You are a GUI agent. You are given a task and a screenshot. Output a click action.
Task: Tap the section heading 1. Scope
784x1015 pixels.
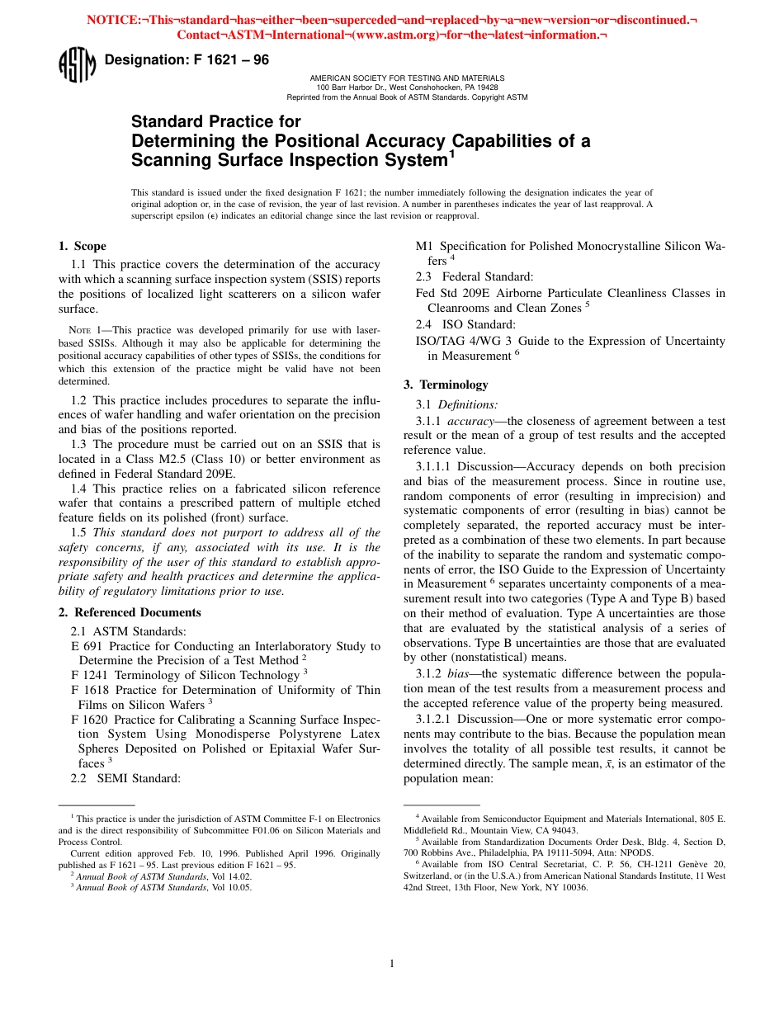point(82,246)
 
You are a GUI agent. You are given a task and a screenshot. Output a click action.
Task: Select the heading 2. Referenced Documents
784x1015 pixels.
point(129,612)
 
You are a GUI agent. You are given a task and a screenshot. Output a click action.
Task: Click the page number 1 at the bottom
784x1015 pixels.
point(392,963)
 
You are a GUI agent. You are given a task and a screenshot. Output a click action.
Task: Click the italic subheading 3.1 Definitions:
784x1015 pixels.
point(456,404)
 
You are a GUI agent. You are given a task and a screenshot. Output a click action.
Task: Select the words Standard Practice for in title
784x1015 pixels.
point(216,122)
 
